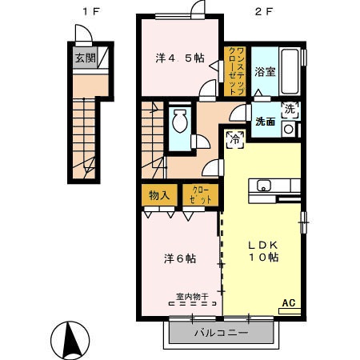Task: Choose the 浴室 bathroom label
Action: click(265, 71)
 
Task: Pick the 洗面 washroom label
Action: click(265, 122)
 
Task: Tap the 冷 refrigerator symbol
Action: click(236, 137)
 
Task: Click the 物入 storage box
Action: click(158, 194)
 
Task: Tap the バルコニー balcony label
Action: click(222, 332)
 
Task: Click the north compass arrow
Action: click(70, 336)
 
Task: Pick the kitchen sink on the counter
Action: click(264, 186)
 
